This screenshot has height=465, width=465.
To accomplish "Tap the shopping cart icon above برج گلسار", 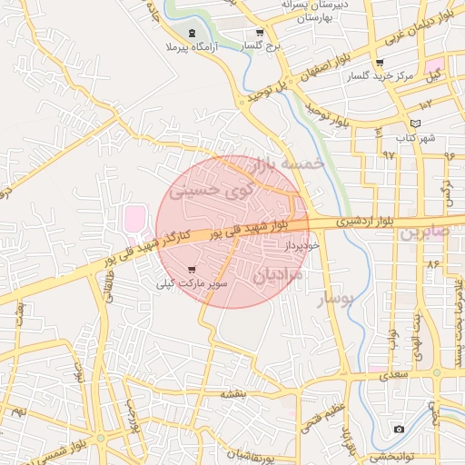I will pyautogui.click(x=259, y=33).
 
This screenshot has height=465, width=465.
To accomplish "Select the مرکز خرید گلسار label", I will pyautogui.click(x=380, y=76).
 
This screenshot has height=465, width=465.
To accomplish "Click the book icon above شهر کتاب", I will pyautogui.click(x=416, y=124).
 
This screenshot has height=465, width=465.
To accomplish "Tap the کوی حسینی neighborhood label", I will pyautogui.click(x=214, y=192).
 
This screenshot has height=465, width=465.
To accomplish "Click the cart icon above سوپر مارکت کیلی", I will pyautogui.click(x=191, y=270).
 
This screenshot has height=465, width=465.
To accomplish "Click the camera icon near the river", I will pyautogui.click(x=399, y=429).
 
